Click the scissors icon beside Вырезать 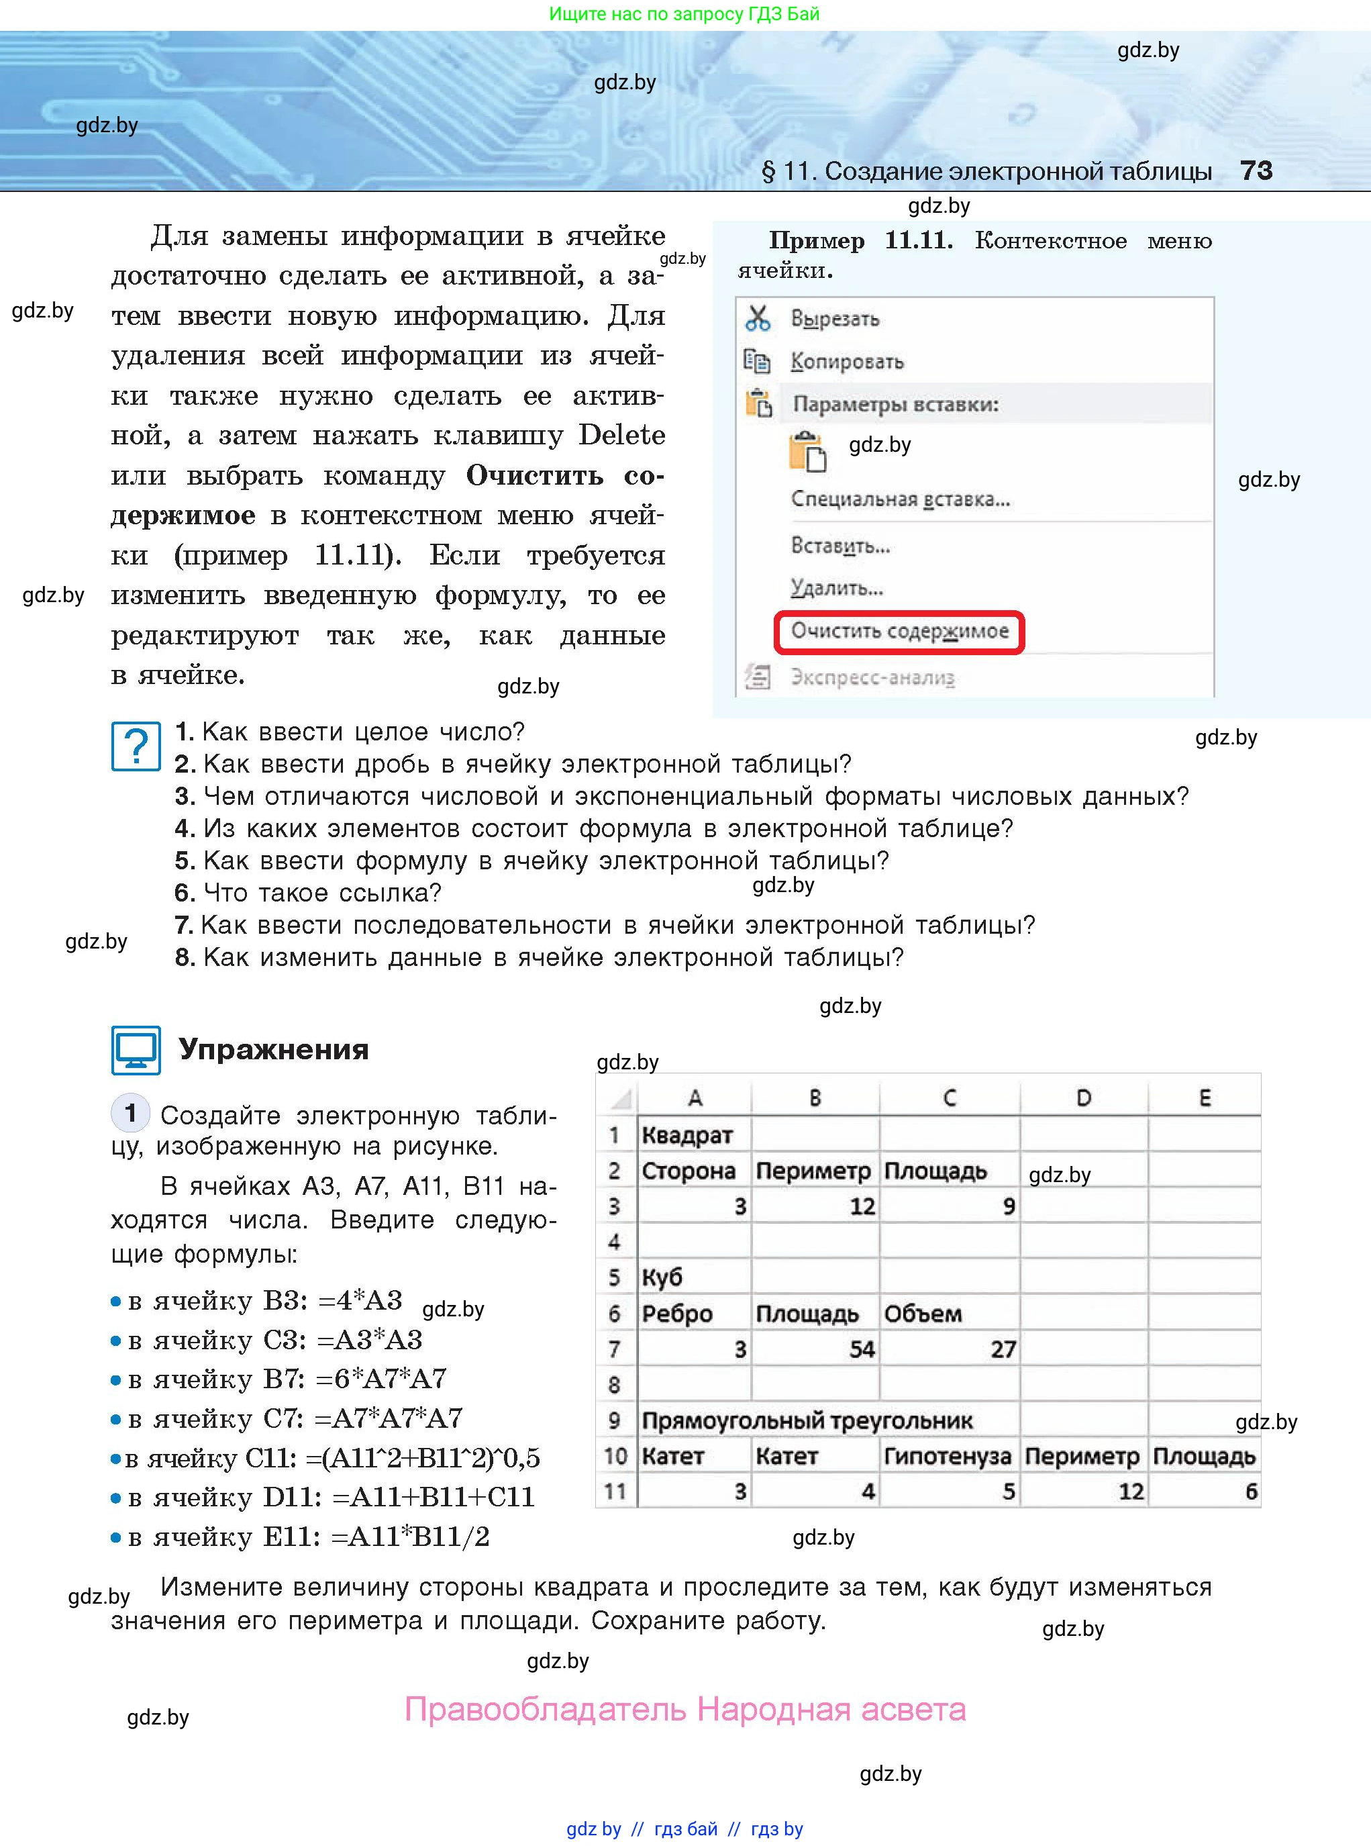tap(758, 318)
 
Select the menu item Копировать tap(846, 362)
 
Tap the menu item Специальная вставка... tap(900, 499)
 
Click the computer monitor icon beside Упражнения tap(136, 1050)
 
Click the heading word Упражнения tap(274, 1049)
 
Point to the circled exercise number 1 tap(130, 1112)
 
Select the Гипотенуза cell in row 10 tap(947, 1456)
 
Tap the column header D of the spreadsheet tap(1083, 1098)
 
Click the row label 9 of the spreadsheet tap(614, 1420)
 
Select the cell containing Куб tap(693, 1277)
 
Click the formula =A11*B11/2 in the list tap(410, 1537)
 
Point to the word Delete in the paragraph tap(621, 435)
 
